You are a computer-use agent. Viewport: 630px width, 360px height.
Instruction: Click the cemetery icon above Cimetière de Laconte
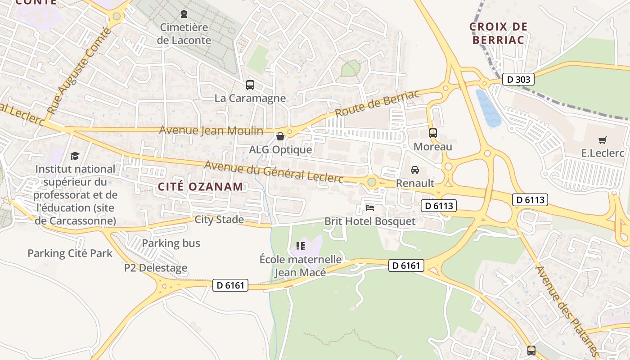[184, 14]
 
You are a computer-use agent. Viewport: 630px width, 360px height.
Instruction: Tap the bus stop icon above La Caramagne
[250, 85]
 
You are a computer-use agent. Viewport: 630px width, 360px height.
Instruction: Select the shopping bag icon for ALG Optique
[280, 136]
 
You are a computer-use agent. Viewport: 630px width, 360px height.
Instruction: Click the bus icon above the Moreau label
[432, 133]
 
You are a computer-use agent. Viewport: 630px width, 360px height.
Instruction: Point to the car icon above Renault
[415, 170]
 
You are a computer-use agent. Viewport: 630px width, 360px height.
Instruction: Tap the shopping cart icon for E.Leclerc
[603, 140]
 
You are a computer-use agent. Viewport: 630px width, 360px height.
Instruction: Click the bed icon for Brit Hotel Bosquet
[370, 208]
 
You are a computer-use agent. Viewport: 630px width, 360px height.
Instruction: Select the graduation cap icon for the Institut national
[75, 156]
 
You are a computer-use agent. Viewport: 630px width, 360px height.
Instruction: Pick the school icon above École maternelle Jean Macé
[301, 246]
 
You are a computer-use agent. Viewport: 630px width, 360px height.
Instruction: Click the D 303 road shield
[518, 80]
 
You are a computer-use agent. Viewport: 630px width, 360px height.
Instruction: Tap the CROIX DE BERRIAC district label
[498, 33]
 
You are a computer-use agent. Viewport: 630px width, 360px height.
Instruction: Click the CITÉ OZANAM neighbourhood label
[200, 187]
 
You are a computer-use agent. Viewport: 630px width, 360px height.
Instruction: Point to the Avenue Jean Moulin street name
[211, 130]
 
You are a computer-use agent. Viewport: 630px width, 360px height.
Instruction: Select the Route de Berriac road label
[377, 103]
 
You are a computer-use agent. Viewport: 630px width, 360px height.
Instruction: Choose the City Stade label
[219, 220]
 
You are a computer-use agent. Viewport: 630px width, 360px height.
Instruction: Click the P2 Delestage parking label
[156, 268]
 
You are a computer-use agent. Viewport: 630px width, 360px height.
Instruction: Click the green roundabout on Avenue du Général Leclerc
[372, 182]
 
